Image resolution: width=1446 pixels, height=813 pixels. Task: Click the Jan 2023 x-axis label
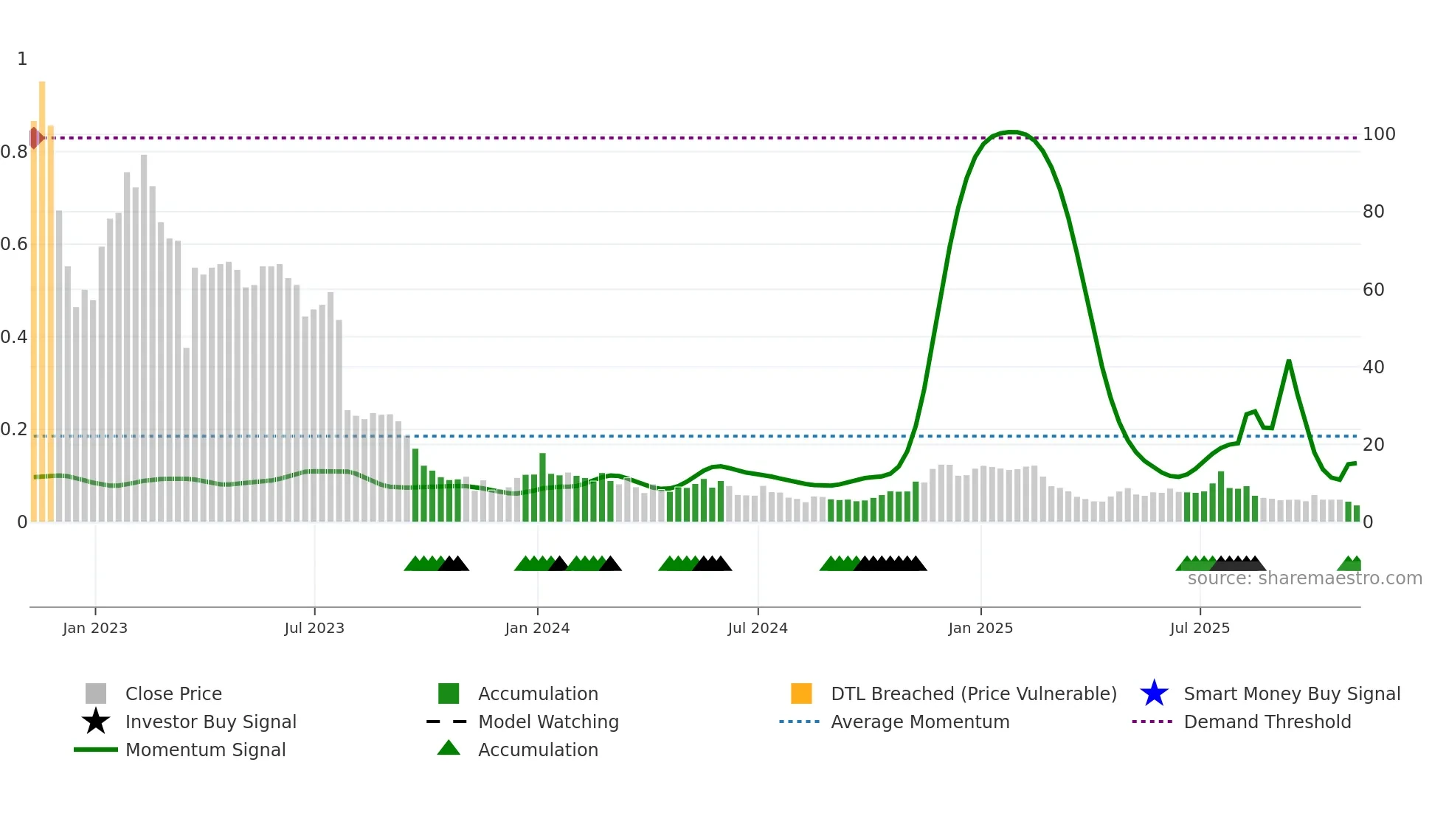point(95,628)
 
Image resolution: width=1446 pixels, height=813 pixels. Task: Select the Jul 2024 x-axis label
point(758,628)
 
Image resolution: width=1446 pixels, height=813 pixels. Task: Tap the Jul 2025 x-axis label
point(1200,628)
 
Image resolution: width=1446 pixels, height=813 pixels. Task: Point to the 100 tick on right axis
point(1379,134)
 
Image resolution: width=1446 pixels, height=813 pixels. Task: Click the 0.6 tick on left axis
point(14,244)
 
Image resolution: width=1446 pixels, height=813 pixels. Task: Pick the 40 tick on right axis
point(1373,367)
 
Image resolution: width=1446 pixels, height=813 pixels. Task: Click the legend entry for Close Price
point(173,693)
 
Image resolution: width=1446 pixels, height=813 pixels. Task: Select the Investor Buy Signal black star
point(96,722)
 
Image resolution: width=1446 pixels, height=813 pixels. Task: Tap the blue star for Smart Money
point(1154,693)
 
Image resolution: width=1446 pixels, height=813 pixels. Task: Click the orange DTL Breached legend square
point(801,693)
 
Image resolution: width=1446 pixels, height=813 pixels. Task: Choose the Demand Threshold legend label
point(1267,722)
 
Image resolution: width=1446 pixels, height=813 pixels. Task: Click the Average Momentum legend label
point(920,722)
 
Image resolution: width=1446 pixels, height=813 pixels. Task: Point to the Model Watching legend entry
point(548,722)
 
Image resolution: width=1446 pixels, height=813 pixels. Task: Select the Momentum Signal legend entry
point(205,750)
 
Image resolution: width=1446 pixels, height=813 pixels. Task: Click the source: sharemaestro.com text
point(1304,578)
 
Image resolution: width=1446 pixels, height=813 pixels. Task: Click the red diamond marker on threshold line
point(35,138)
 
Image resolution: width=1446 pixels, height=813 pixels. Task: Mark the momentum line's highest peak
point(1011,132)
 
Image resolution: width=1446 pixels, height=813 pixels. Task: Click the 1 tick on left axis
point(22,59)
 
